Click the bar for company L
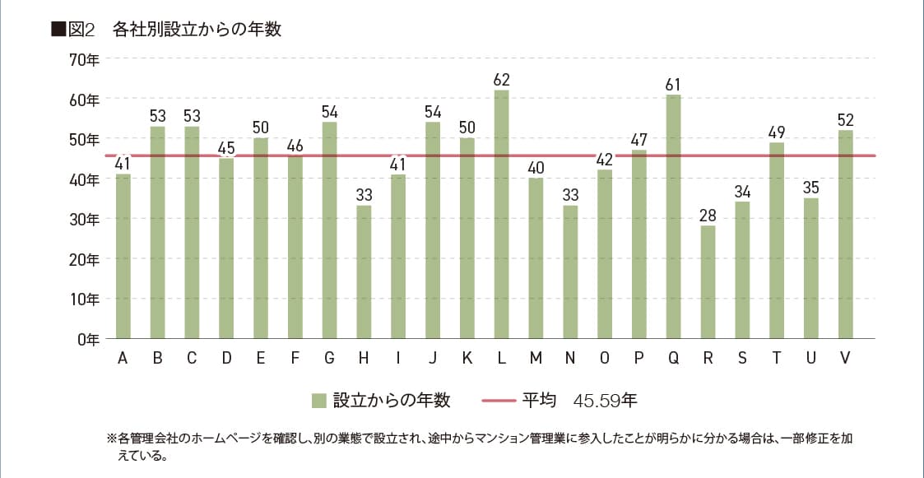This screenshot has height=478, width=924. click(x=501, y=214)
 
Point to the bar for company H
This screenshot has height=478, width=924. click(x=364, y=271)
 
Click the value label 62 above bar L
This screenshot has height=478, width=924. click(x=501, y=80)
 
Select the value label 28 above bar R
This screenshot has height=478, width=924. click(x=708, y=216)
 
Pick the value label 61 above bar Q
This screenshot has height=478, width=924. click(x=673, y=85)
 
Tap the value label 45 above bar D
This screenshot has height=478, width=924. click(x=226, y=149)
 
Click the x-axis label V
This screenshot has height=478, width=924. click(x=846, y=358)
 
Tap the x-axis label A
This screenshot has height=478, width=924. click(x=123, y=358)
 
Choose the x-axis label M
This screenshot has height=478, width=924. click(x=536, y=358)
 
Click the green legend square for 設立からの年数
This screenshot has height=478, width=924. click(x=319, y=401)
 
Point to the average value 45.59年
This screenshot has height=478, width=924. click(x=606, y=401)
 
